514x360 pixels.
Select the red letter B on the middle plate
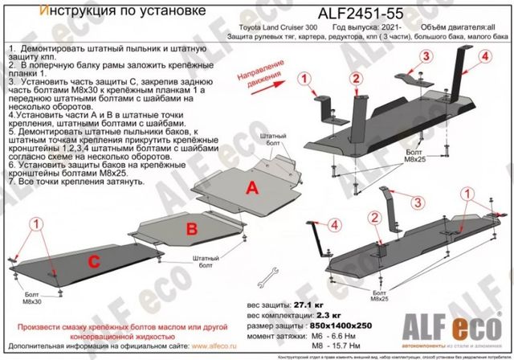pos(193,228)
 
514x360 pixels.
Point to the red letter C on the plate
pos(93,260)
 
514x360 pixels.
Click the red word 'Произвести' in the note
pos(43,328)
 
